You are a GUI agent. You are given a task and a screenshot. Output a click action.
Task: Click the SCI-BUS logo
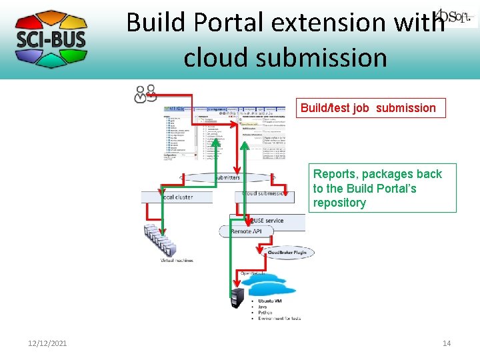click(x=51, y=39)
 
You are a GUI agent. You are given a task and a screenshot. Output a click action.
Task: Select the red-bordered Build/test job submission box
click(x=370, y=108)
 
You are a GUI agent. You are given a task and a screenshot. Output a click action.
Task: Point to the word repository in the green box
click(x=339, y=203)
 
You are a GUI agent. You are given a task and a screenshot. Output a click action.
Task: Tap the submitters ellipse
click(x=227, y=178)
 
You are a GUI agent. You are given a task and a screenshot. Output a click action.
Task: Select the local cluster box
click(x=177, y=197)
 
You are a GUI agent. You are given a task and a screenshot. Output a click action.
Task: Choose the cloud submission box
click(x=265, y=194)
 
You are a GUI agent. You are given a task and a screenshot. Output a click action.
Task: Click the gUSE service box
click(x=267, y=220)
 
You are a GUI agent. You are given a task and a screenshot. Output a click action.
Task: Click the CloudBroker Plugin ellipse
click(x=288, y=253)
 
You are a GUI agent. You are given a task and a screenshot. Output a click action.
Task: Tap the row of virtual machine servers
click(x=161, y=241)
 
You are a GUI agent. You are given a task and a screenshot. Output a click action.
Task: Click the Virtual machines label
click(x=177, y=261)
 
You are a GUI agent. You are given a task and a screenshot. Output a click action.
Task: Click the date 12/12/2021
click(x=47, y=343)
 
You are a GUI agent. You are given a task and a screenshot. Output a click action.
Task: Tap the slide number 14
click(x=447, y=343)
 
